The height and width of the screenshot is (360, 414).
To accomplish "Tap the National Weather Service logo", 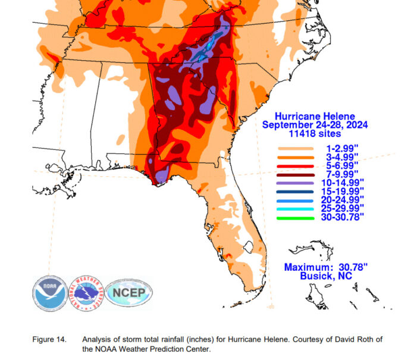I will coord(86,293).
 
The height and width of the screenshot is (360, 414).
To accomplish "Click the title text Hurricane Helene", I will coord(315,116).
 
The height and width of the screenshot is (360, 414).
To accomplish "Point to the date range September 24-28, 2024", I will coord(315,125).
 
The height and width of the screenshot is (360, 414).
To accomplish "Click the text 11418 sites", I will coord(315,134).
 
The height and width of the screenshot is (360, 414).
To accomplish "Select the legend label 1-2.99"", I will coord(338,147).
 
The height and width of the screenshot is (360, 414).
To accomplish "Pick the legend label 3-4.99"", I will coord(338,156).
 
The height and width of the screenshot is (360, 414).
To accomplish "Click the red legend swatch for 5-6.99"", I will coord(294,165).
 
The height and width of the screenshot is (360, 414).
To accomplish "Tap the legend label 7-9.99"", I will coord(338,174).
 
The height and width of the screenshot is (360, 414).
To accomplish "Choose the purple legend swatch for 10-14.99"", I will coord(294,183).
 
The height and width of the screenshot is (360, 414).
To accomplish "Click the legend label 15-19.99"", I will coord(340,192).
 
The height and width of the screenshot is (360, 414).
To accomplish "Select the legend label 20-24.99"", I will coord(340,201).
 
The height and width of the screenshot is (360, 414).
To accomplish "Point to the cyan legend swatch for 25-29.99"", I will coord(294,209).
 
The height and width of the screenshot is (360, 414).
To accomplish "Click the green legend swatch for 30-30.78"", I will coord(294,218).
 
